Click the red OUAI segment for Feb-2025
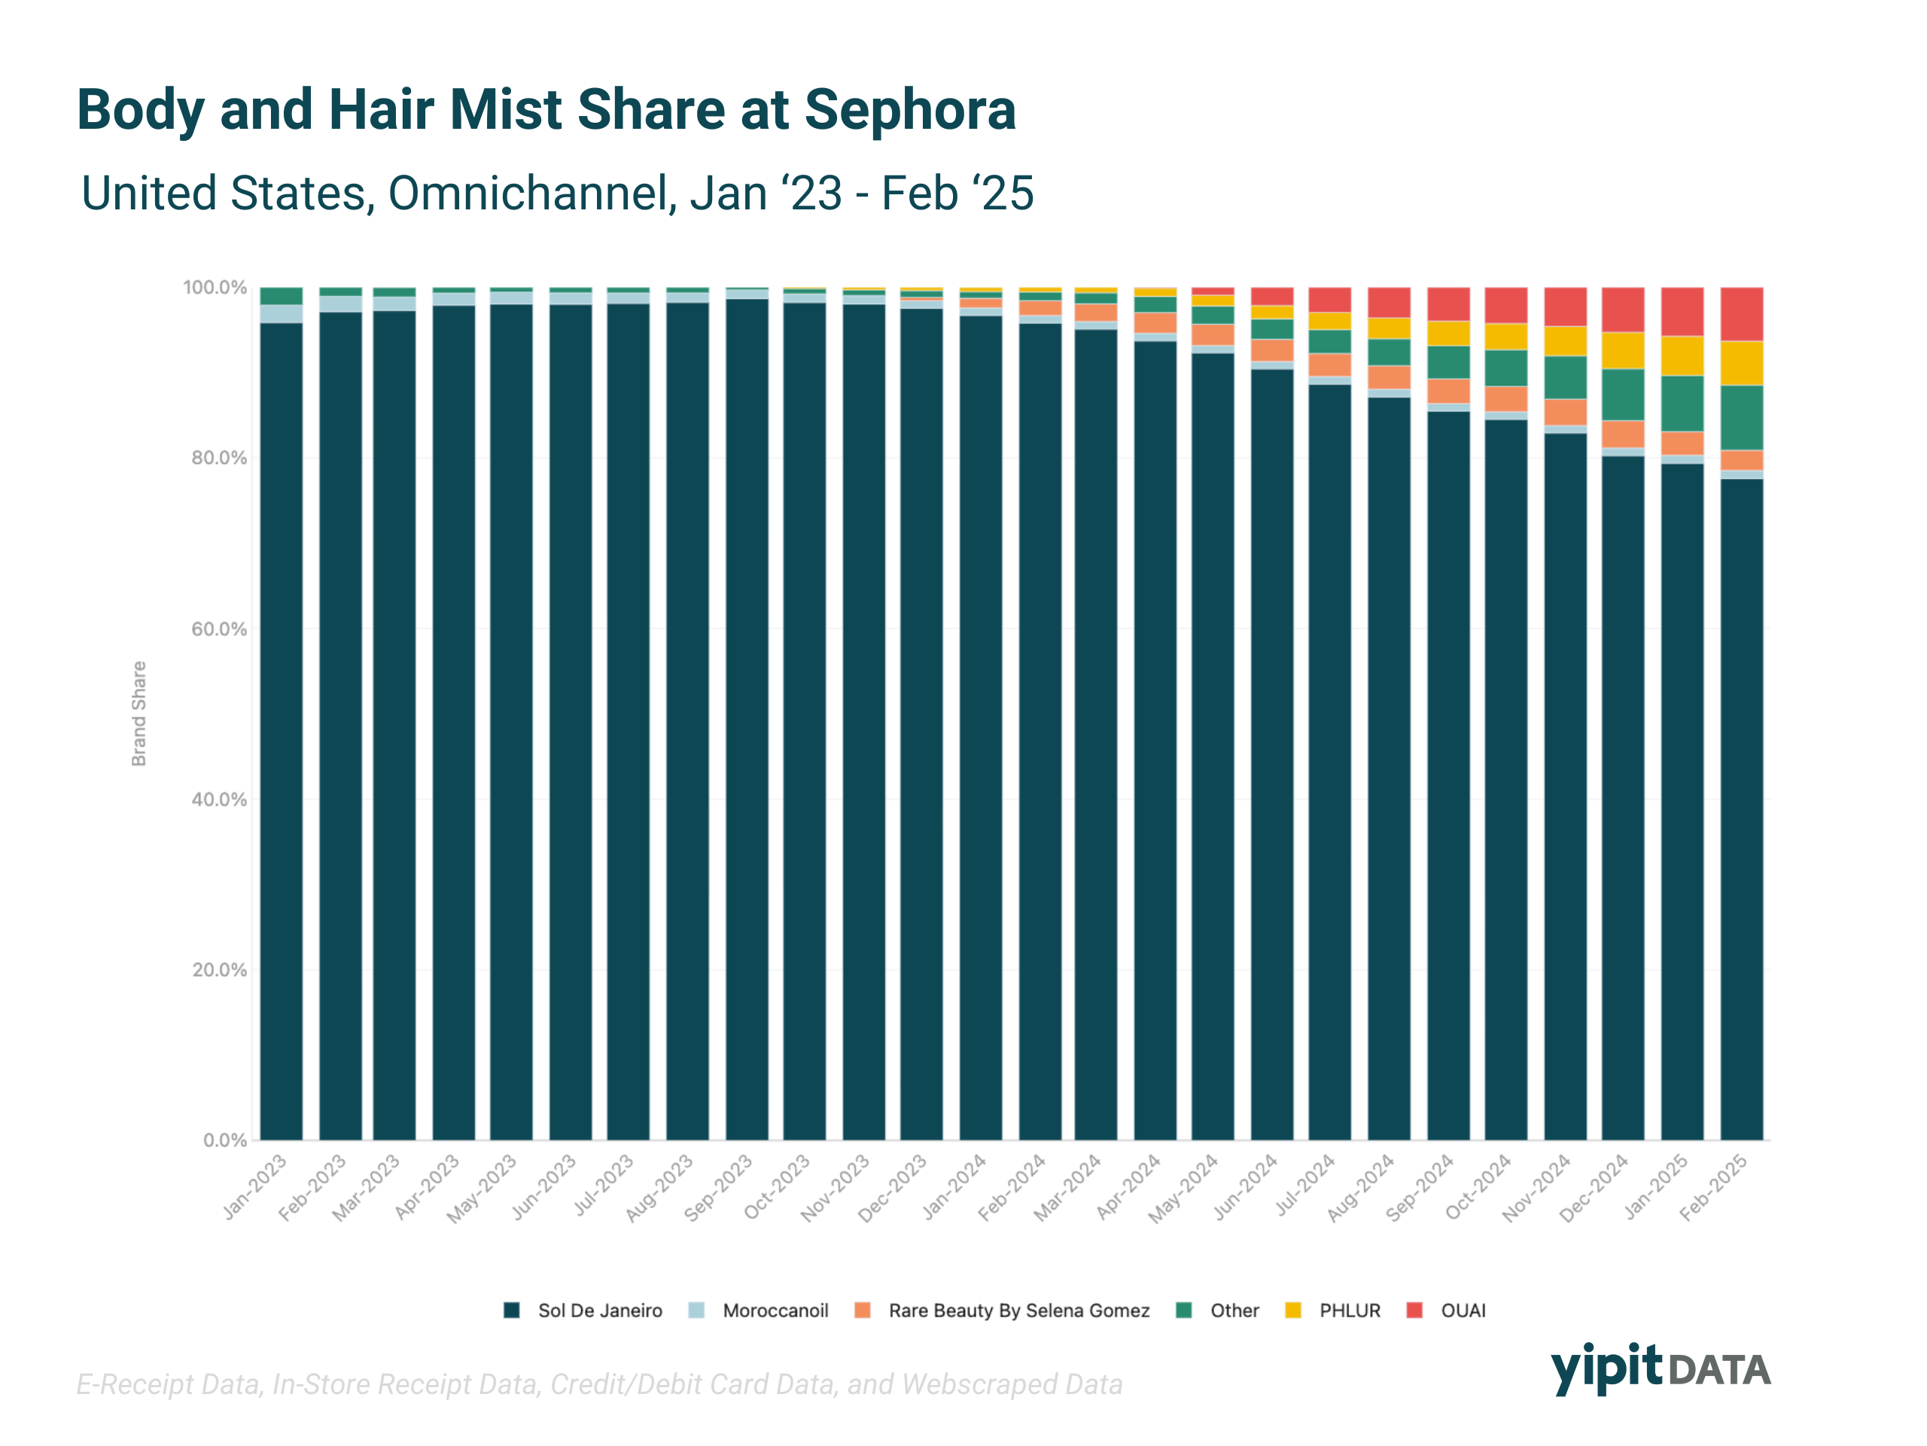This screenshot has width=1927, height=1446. (x=1741, y=314)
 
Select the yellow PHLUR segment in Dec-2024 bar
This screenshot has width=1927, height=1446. (x=1623, y=350)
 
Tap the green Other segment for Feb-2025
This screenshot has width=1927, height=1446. (x=1741, y=417)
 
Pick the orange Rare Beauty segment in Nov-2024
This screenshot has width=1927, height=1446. (x=1566, y=412)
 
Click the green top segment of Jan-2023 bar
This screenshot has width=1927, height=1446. (x=282, y=296)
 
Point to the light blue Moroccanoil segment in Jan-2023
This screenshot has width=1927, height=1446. (x=282, y=314)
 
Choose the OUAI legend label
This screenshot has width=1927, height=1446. (x=1463, y=1311)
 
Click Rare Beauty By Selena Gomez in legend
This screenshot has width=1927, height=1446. (x=1018, y=1311)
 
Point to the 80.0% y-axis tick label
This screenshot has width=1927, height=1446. (x=218, y=459)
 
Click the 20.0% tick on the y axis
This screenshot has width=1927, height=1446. (x=218, y=970)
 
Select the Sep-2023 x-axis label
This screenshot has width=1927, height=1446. (x=719, y=1187)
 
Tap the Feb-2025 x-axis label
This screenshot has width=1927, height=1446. (x=1713, y=1187)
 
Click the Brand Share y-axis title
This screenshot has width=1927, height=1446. (x=139, y=714)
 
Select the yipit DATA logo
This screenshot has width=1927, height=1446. (x=1660, y=1368)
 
